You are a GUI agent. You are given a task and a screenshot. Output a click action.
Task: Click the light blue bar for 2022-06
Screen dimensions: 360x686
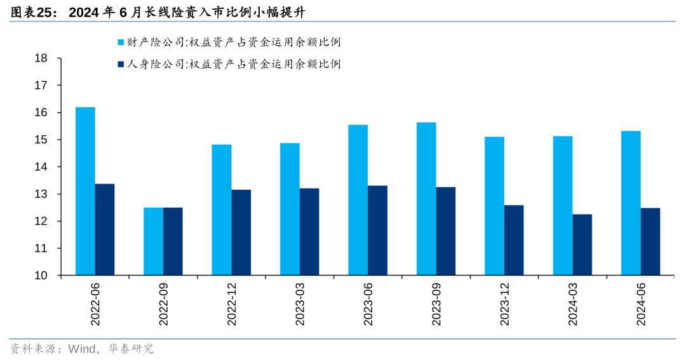point(85,191)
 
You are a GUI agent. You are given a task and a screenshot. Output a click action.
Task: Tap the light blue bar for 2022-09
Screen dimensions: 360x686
point(153,241)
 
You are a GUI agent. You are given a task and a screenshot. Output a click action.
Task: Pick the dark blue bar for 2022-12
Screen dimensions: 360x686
point(241,232)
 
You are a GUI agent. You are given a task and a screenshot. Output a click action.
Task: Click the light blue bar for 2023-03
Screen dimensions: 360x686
point(290,209)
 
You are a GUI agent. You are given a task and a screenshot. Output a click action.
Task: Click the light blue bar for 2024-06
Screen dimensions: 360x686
point(631,203)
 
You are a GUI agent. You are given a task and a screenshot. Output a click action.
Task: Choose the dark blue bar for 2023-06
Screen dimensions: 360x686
point(377,230)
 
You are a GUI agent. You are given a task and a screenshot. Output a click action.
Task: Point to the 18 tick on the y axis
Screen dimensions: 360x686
point(41,58)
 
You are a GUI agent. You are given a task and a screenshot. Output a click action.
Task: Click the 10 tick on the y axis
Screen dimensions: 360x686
point(41,276)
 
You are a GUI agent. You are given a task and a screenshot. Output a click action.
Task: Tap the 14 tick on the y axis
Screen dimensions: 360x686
point(41,167)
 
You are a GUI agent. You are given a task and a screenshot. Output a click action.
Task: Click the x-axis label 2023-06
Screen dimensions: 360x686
point(368,305)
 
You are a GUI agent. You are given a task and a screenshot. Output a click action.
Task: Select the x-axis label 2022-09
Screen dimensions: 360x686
point(163,305)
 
